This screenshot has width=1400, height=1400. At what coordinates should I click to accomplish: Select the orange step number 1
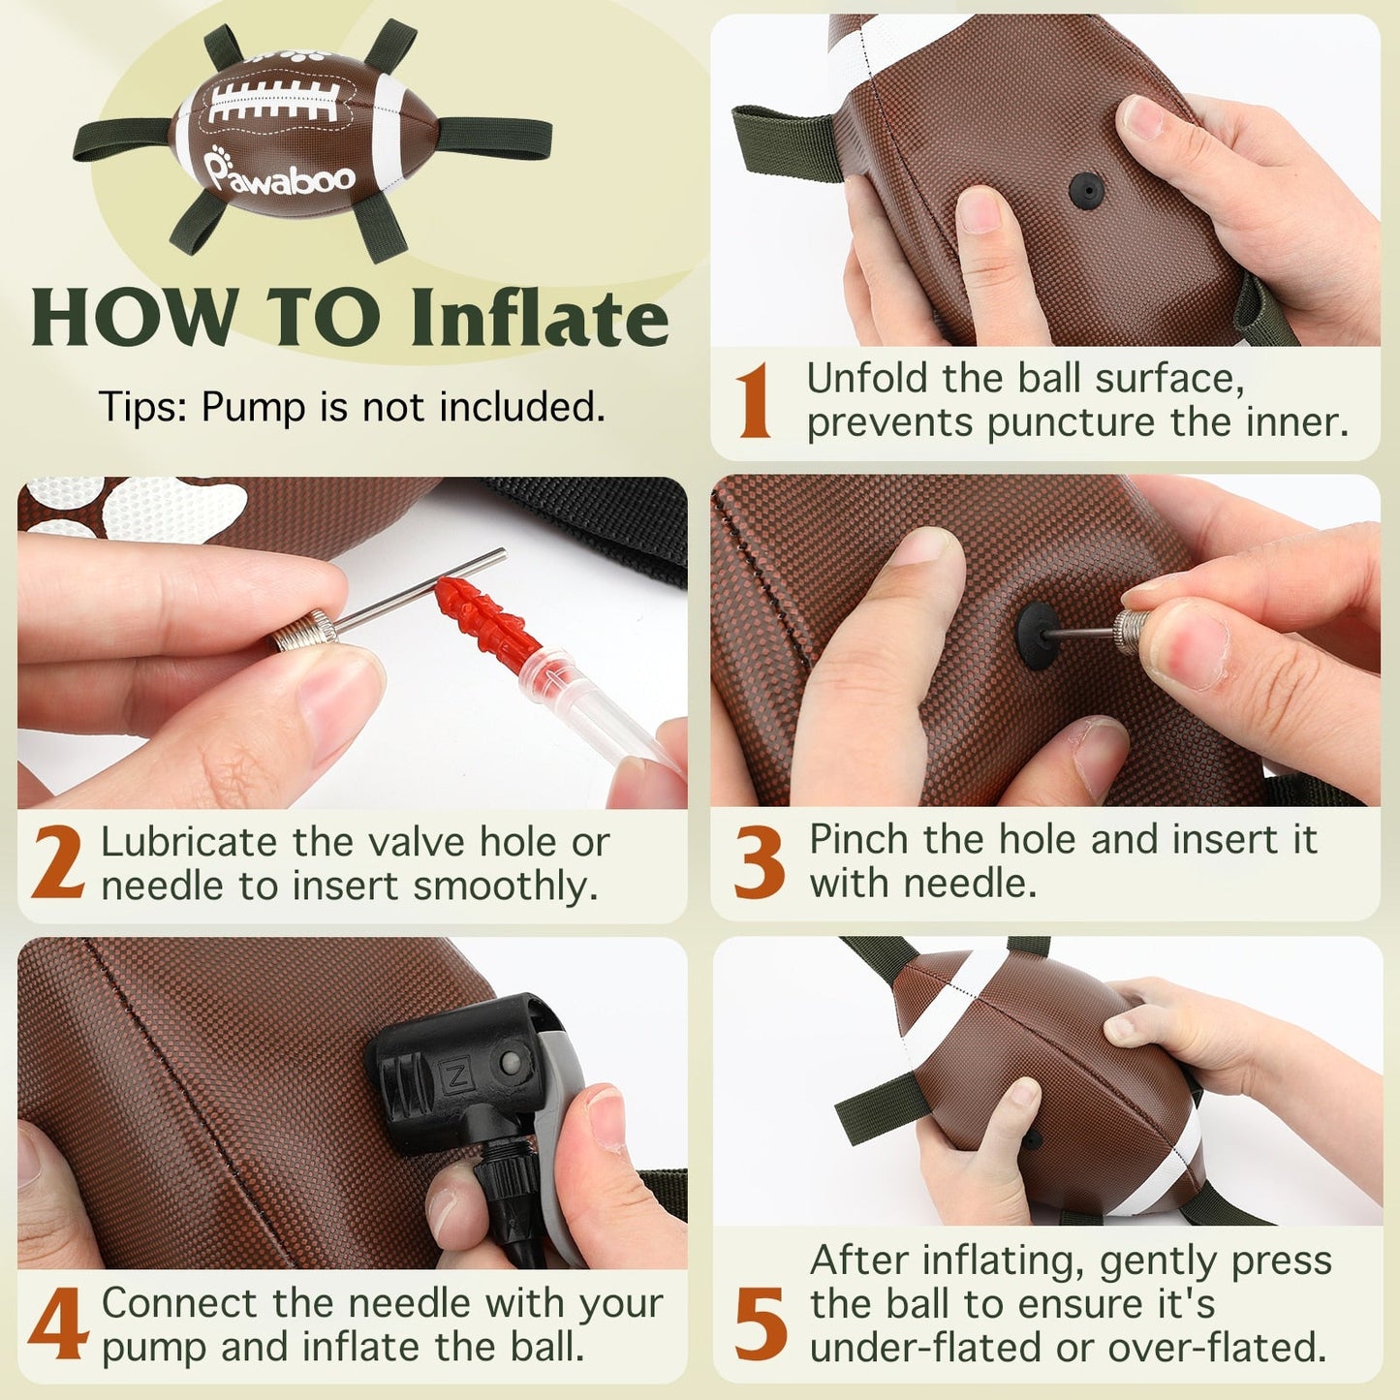click(754, 402)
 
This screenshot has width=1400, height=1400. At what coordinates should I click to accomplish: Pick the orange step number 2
click(58, 863)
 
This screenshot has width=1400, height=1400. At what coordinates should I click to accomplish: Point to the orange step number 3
click(760, 863)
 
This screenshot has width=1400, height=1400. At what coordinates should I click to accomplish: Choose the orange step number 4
click(59, 1323)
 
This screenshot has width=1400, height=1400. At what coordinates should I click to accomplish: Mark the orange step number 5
click(761, 1323)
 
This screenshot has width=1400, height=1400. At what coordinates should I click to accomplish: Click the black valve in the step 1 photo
click(1086, 190)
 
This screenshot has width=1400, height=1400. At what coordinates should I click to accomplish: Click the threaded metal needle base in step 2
click(303, 632)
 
